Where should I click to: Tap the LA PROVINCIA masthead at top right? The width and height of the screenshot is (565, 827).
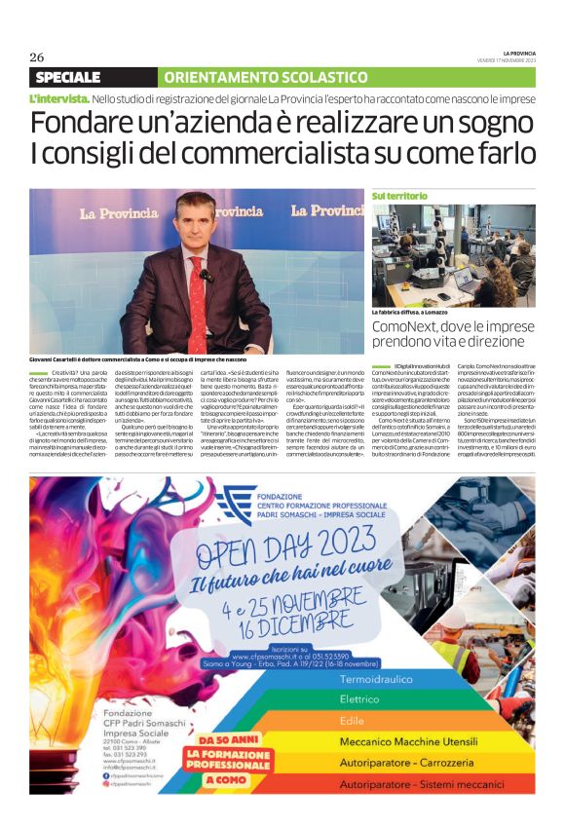[x=519, y=53]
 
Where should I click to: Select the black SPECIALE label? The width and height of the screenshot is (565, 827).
[x=67, y=77]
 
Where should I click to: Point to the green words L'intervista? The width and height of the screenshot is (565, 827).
[x=60, y=99]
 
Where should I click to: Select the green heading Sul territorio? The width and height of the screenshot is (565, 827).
[x=399, y=196]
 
